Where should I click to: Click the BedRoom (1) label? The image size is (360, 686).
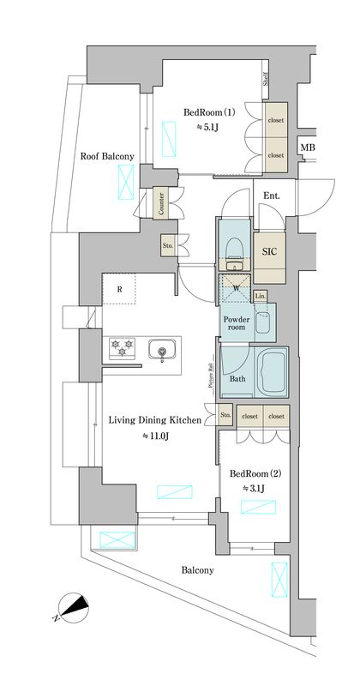(x=209, y=112)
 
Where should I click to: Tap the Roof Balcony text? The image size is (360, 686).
(x=107, y=156)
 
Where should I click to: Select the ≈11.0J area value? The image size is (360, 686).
(x=156, y=436)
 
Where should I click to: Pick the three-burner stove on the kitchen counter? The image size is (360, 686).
(x=120, y=349)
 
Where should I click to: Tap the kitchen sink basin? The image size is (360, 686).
(x=161, y=350)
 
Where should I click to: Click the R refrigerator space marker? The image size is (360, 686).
(x=120, y=289)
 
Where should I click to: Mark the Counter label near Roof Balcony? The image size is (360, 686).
(x=161, y=202)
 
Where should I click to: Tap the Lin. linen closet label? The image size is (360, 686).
(x=261, y=296)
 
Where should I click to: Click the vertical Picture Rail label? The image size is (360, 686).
(x=210, y=375)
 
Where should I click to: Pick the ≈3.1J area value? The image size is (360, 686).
(x=255, y=488)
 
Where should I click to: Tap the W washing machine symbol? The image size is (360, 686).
(x=235, y=287)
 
